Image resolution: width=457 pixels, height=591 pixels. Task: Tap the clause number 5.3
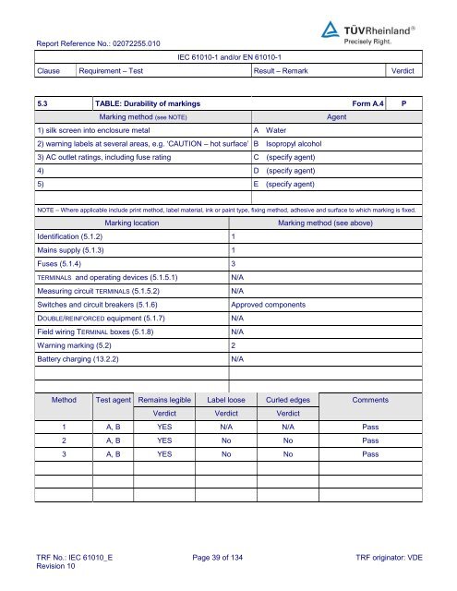[x=43, y=104]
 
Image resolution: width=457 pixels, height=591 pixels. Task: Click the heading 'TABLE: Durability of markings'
[x=148, y=104]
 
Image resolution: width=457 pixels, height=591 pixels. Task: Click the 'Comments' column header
[x=370, y=401]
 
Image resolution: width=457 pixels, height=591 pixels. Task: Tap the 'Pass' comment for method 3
[x=370, y=454]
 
